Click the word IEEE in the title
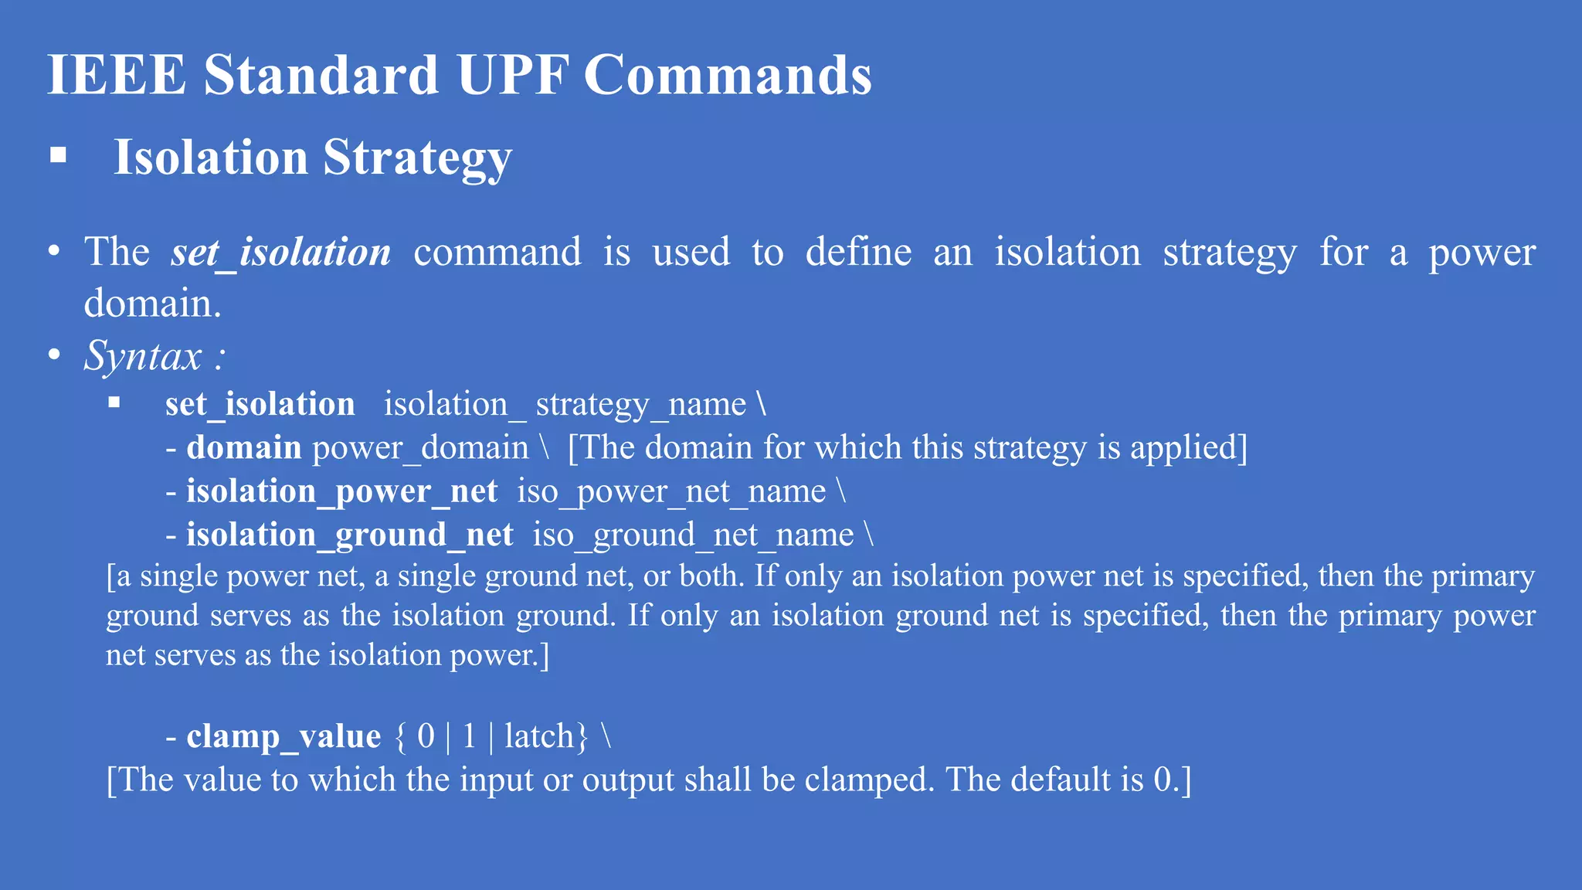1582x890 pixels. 117,75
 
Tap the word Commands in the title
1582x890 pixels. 727,75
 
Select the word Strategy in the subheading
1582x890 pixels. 417,158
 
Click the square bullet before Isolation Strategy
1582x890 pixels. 58,155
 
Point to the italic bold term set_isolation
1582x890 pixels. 281,253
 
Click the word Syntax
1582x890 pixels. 143,356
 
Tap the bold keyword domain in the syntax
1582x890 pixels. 244,448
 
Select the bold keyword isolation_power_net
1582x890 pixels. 342,492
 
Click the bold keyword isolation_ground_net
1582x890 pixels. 350,535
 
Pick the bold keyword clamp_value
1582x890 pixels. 283,736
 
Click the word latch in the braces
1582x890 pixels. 539,736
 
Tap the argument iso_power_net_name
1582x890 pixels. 671,492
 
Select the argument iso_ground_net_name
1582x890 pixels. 693,535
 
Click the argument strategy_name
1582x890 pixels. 640,405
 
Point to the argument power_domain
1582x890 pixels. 420,448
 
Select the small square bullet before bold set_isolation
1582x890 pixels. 114,402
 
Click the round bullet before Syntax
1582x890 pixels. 54,355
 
